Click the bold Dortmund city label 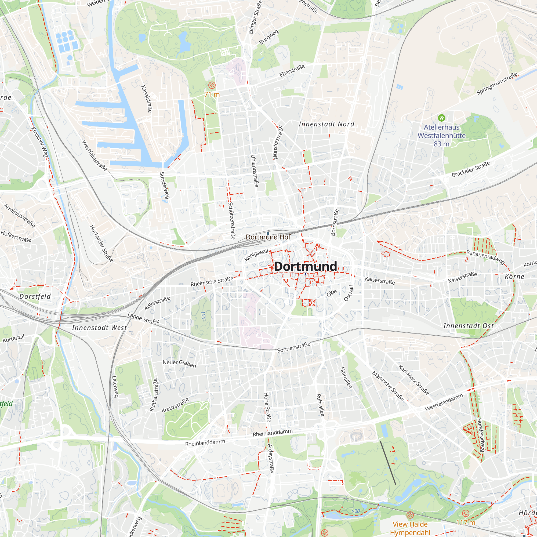pos(305,266)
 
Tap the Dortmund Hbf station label pos(268,237)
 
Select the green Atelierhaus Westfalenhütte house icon pos(441,118)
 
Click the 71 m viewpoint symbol pos(212,85)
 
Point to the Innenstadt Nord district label pos(326,124)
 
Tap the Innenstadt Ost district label pos(469,326)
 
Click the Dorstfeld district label pos(35,297)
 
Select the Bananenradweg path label pos(485,257)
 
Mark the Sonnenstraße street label pos(293,347)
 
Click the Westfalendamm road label pos(444,402)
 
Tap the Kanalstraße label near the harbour pos(147,99)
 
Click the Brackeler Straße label pos(471,169)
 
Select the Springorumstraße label pos(497,84)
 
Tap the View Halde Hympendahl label pos(410,528)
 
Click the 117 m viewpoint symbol pos(466,513)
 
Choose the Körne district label pos(514,277)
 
